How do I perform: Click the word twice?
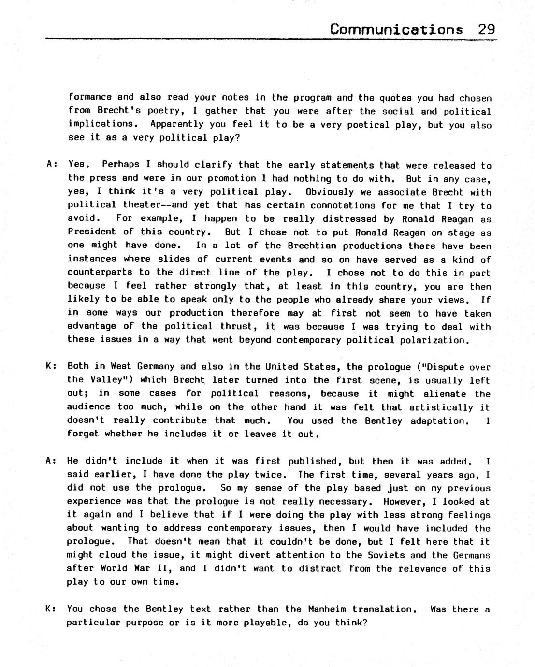[273, 475]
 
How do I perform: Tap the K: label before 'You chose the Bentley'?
[50, 609]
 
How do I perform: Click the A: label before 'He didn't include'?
[51, 461]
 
